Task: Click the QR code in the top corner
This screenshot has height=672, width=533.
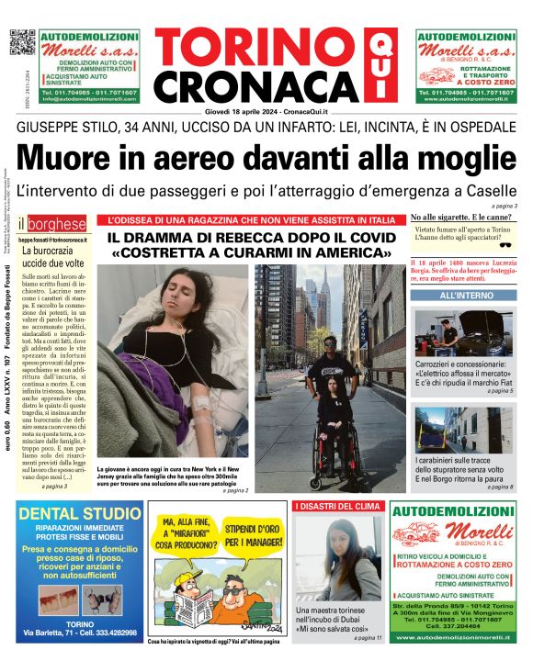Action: (x=22, y=43)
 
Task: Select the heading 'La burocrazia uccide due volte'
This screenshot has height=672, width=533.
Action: (x=55, y=256)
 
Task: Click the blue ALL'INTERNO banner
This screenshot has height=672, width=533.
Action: (x=464, y=297)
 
